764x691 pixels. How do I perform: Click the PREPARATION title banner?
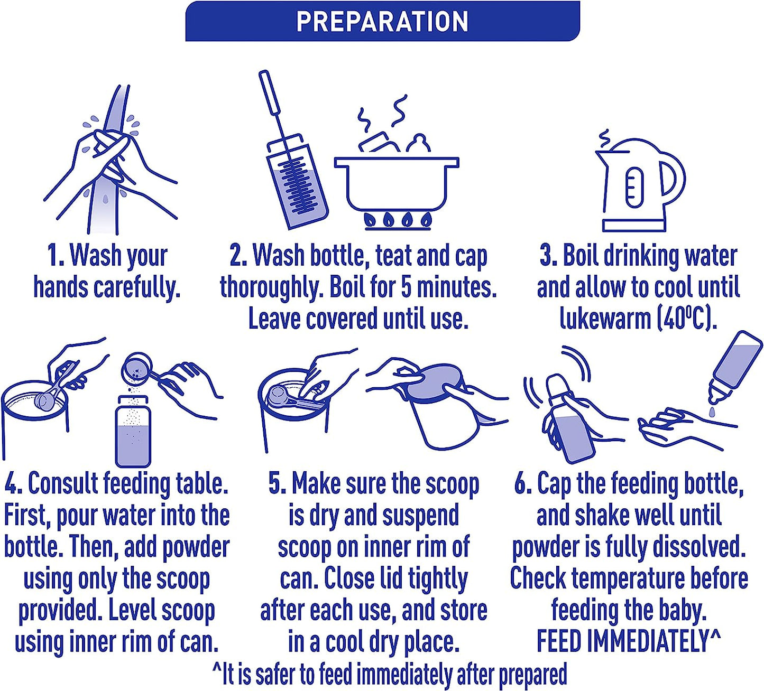tap(382, 21)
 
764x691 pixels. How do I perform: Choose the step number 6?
tap(522, 483)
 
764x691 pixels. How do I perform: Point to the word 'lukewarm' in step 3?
tap(605, 319)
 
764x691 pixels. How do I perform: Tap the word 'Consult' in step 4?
tap(62, 483)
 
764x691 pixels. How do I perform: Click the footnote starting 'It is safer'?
tap(390, 675)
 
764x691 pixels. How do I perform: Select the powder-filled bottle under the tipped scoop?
tap(133, 432)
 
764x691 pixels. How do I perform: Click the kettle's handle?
tap(672, 179)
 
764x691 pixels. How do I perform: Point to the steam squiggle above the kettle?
tap(604, 141)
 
